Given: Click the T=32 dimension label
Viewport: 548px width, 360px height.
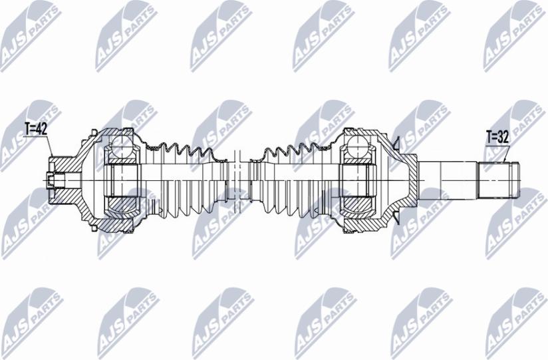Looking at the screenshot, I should [x=497, y=138].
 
